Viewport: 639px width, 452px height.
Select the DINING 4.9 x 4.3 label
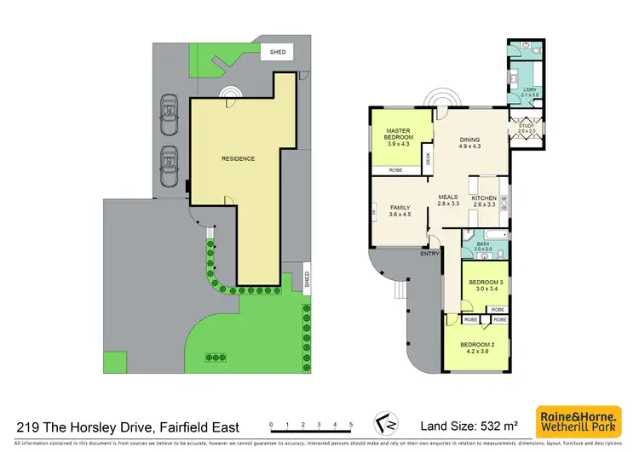point(469,144)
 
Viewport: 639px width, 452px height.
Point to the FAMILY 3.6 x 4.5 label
point(400,211)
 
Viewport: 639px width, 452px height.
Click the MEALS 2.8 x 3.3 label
point(448,201)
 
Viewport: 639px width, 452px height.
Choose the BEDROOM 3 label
point(482,285)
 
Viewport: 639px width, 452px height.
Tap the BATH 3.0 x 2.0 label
point(483,247)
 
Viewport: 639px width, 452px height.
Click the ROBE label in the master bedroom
point(395,170)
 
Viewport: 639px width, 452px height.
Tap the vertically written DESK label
point(429,157)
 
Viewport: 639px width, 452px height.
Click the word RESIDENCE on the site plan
point(239,158)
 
